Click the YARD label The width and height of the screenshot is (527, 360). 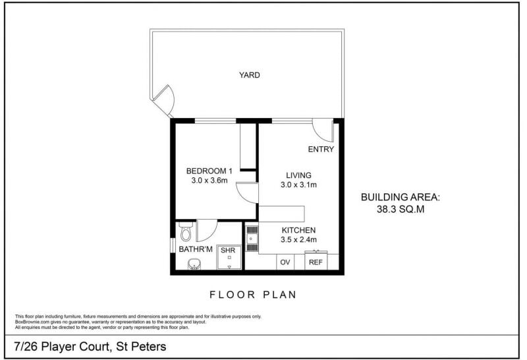(250, 75)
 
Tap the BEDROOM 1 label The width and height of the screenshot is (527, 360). (209, 171)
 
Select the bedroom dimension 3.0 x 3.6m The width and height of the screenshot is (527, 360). (209, 181)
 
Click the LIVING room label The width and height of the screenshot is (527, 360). (298, 175)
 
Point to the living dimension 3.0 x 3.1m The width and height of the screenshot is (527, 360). (298, 185)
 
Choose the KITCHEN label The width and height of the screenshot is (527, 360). (298, 231)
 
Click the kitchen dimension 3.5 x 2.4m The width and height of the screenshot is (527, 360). (298, 239)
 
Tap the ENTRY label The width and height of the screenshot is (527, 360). (321, 150)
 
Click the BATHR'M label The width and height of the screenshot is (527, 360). (196, 249)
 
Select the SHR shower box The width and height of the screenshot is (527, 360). (229, 256)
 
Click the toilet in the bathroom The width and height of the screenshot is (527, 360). (186, 231)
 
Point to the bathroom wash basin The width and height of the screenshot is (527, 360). (194, 264)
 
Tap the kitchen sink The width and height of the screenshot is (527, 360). (252, 239)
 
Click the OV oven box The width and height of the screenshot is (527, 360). (285, 262)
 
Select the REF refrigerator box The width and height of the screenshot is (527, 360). (316, 260)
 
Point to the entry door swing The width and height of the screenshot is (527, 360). (323, 130)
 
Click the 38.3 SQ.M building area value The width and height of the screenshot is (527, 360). (401, 209)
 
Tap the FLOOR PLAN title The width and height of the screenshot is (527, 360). (253, 295)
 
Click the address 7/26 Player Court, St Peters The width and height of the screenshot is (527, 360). (90, 347)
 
